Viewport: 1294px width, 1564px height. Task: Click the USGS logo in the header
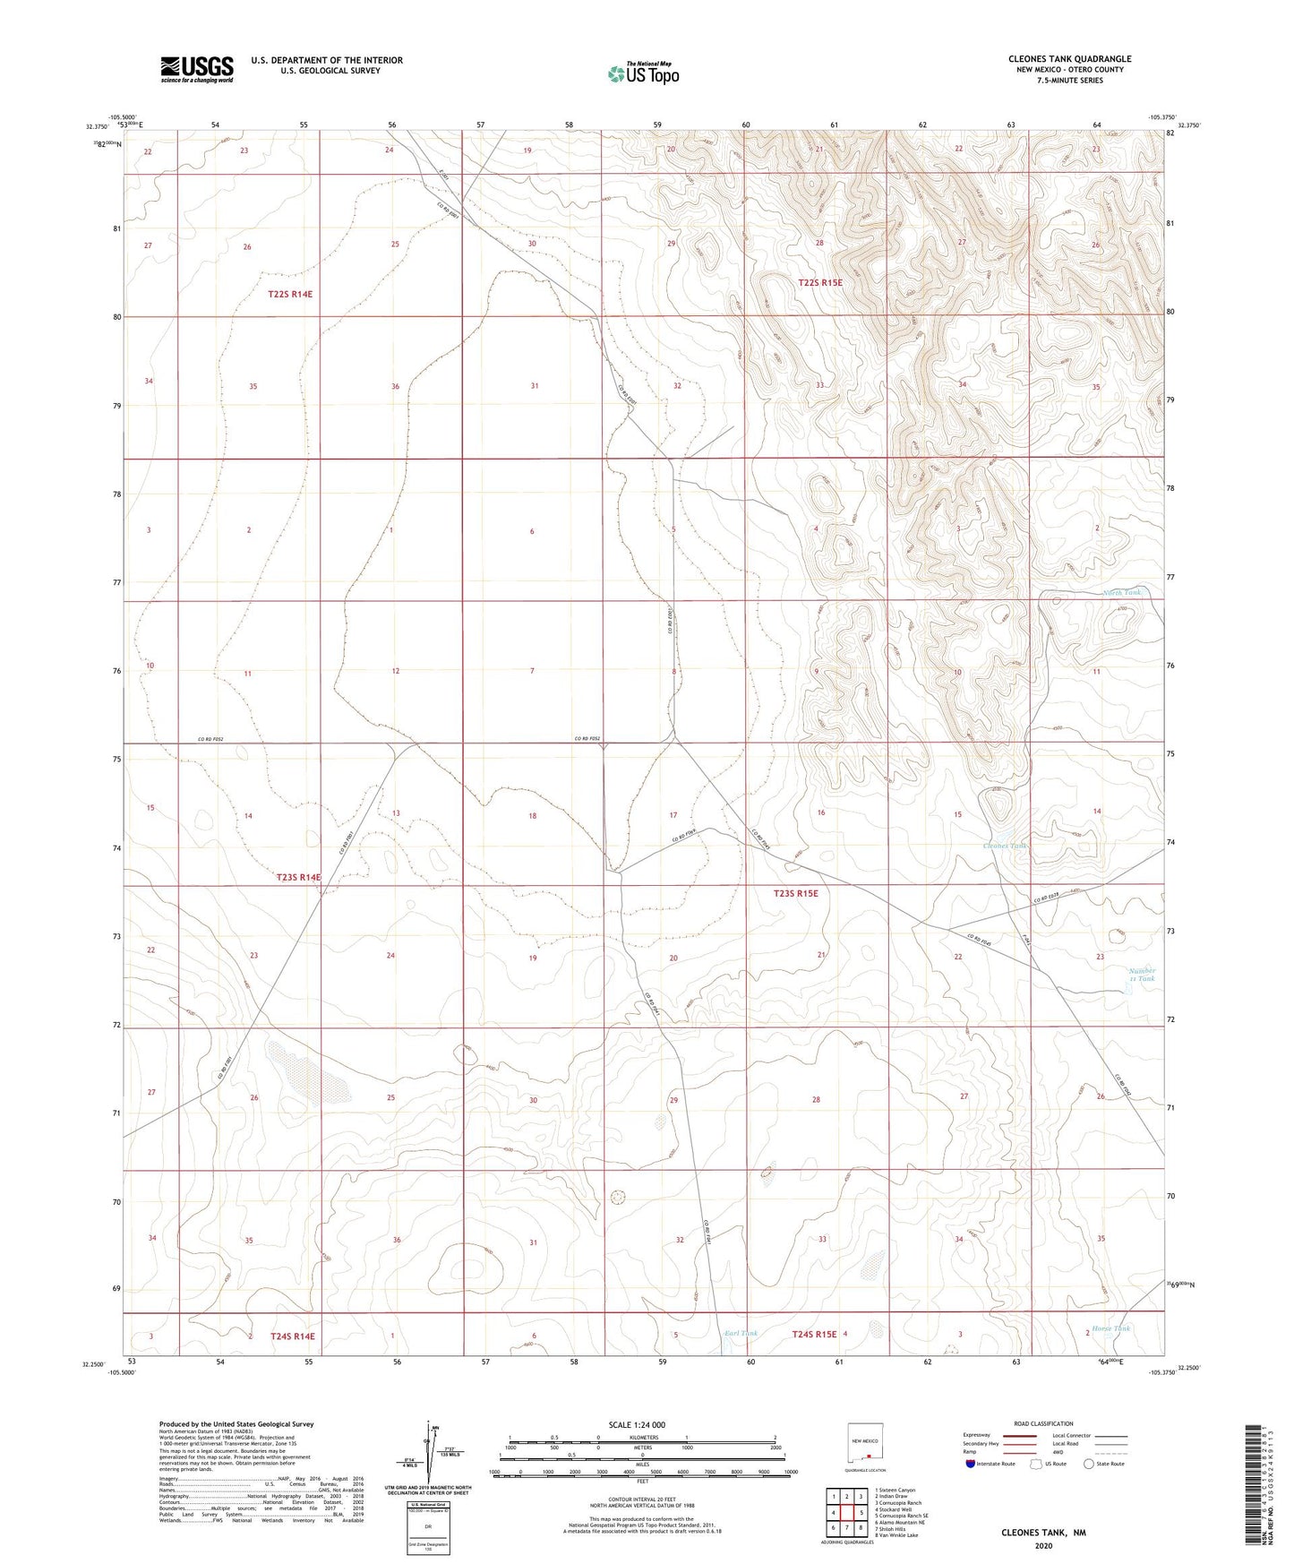tap(196, 69)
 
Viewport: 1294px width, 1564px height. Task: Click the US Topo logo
tap(643, 73)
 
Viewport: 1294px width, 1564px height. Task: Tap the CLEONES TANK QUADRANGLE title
tap(1069, 59)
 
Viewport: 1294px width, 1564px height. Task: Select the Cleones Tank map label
tap(1005, 846)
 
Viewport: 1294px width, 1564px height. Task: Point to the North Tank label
tap(1122, 593)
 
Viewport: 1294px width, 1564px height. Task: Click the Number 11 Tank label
tap(1142, 975)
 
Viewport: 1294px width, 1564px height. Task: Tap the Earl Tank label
tap(741, 1334)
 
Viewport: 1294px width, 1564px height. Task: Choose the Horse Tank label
tap(1110, 1328)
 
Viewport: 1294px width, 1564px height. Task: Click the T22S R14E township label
tap(290, 294)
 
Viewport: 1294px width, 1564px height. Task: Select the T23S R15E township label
tap(795, 893)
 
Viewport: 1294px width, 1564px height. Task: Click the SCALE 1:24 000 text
tap(637, 1424)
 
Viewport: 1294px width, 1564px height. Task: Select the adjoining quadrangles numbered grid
tap(846, 1513)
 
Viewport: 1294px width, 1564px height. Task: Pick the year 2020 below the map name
tap(1043, 1545)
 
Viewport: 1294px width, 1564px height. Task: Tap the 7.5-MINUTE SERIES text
tap(1069, 81)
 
